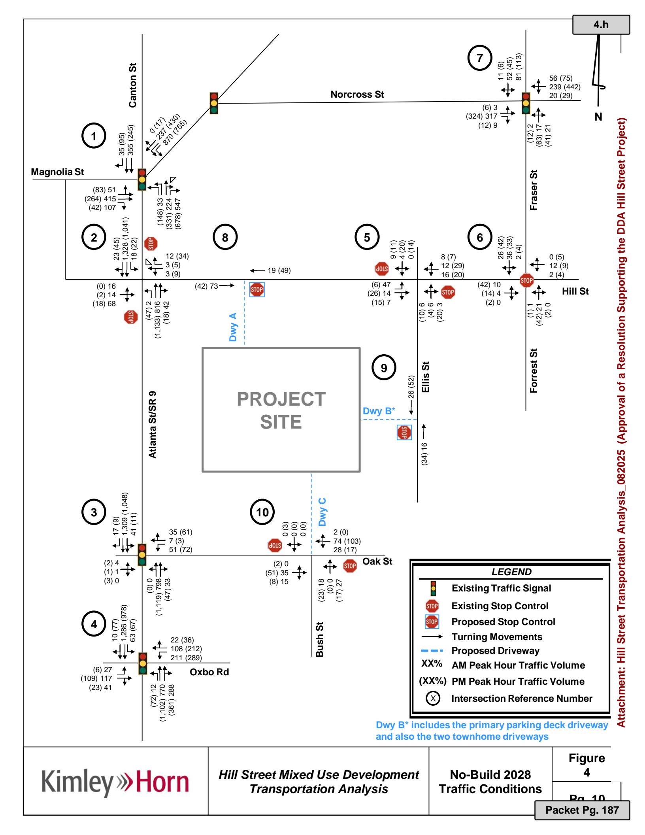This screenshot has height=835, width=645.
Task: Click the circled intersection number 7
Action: [479, 58]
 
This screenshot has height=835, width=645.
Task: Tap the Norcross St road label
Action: [357, 94]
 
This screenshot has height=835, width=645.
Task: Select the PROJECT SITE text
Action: [281, 410]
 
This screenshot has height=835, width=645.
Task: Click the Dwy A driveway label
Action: [233, 327]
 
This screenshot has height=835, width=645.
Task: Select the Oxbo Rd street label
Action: [209, 672]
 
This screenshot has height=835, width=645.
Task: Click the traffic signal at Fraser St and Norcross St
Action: [526, 103]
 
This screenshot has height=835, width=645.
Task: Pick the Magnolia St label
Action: [57, 172]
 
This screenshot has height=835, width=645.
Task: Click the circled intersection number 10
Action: [262, 512]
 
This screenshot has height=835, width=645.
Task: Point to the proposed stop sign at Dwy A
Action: [256, 290]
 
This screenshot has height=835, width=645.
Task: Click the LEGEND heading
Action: [511, 572]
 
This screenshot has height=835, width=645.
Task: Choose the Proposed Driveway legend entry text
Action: [495, 650]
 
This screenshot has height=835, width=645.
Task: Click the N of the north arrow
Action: [598, 117]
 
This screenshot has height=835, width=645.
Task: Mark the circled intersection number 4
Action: [94, 624]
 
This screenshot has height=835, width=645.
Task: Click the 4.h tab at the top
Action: [601, 25]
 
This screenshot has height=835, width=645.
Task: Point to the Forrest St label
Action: [534, 370]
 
